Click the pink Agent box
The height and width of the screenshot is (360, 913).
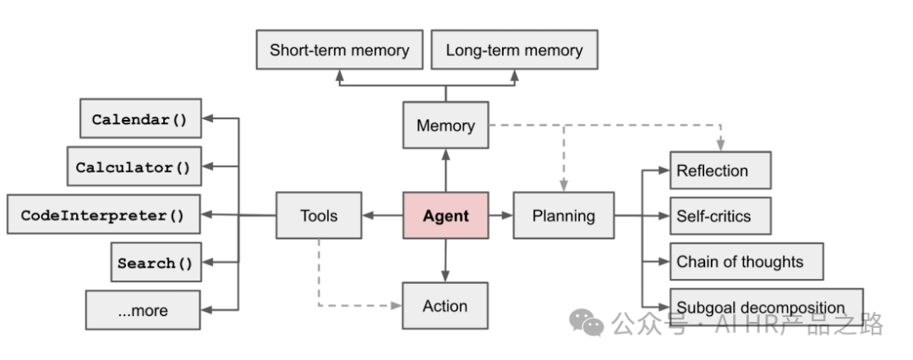click(x=446, y=215)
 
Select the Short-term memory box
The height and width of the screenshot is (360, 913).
click(x=340, y=50)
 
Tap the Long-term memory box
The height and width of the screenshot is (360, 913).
click(x=514, y=50)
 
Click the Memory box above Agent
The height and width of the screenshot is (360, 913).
click(x=446, y=125)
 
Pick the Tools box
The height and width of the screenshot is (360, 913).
click(x=319, y=215)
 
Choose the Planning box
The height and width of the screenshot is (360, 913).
click(x=564, y=215)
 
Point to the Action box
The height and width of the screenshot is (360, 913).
click(x=445, y=306)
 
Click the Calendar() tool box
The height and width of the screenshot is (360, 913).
click(x=140, y=118)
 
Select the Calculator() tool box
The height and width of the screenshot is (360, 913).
click(x=134, y=166)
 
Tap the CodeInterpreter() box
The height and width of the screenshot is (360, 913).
click(x=104, y=215)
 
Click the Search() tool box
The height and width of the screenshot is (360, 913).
click(x=156, y=262)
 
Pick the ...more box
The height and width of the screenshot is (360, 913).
click(x=143, y=310)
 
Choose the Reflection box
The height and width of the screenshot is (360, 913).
click(x=720, y=170)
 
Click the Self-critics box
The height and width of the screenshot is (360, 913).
click(x=720, y=215)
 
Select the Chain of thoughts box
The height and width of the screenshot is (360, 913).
click(x=746, y=262)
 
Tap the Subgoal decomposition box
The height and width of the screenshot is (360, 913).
click(x=766, y=307)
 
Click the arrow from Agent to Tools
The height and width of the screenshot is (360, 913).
click(x=383, y=215)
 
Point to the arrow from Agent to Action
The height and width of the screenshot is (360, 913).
click(x=446, y=260)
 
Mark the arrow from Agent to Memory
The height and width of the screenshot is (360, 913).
click(x=446, y=170)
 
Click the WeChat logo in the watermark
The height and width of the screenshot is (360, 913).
click(x=587, y=323)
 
